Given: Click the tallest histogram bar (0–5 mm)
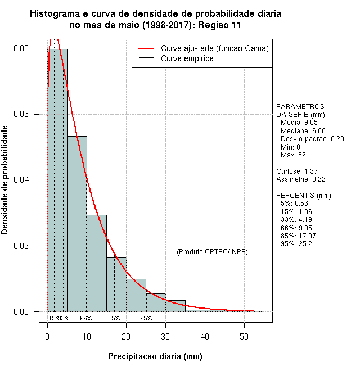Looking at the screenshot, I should click(57, 180).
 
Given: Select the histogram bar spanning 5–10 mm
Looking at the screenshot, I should click(77, 225).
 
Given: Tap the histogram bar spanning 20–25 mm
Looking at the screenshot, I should click(136, 295).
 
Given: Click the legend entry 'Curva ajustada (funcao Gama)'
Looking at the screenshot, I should click(214, 48).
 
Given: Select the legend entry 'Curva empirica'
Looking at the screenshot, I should click(187, 58).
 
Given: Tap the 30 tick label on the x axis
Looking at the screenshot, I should click(165, 336).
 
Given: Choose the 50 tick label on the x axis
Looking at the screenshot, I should click(244, 336).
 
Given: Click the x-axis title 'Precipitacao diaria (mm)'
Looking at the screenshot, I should click(155, 356).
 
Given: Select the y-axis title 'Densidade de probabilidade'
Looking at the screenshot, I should click(6, 180).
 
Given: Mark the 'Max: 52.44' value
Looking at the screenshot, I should click(298, 155).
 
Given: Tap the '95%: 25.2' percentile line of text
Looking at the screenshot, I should click(296, 244).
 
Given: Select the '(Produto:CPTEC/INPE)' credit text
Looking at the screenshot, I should click(212, 251).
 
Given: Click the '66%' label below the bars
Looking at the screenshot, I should click(86, 318).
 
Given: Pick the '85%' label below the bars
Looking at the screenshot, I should click(114, 318).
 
